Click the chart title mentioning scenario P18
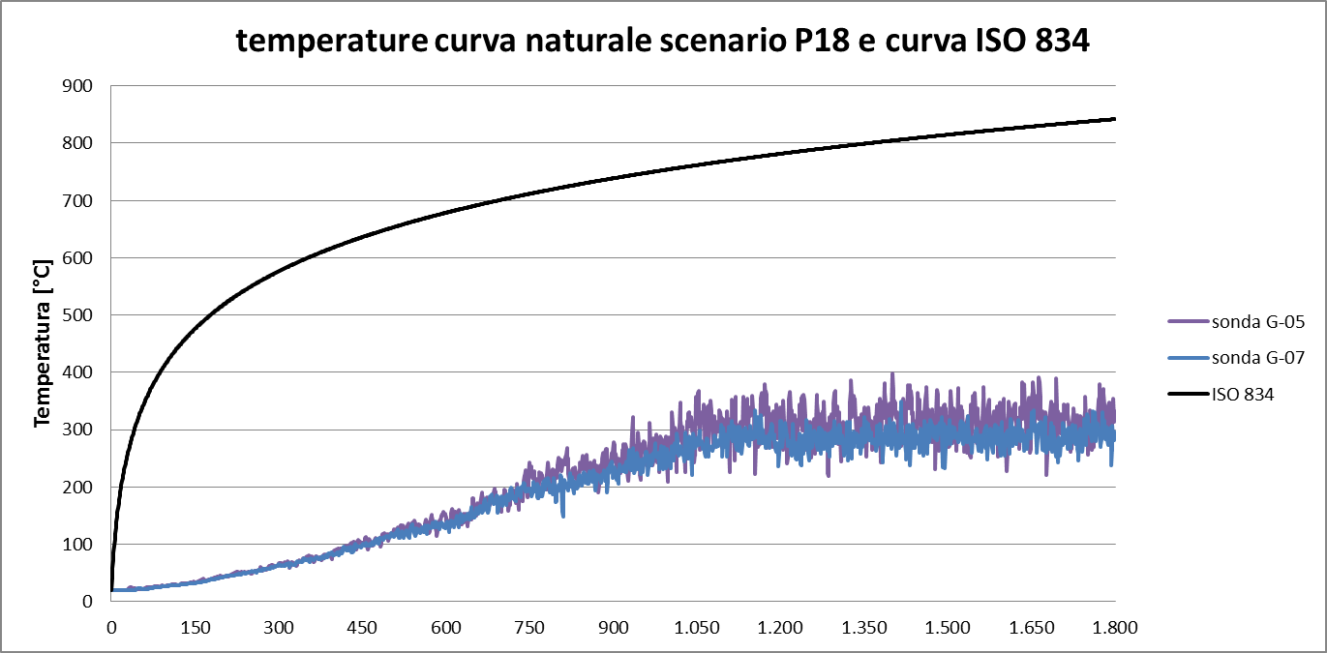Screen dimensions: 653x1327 click(x=663, y=41)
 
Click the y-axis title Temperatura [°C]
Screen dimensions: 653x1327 click(x=42, y=343)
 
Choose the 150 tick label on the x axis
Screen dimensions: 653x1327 click(x=196, y=627)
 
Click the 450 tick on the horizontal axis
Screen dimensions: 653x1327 click(x=362, y=627)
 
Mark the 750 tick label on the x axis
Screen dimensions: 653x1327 click(x=529, y=627)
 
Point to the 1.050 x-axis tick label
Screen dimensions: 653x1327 click(x=697, y=627)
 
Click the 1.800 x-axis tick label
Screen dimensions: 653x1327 click(x=1115, y=627)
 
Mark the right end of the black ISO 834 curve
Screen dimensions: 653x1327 click(x=1114, y=119)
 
